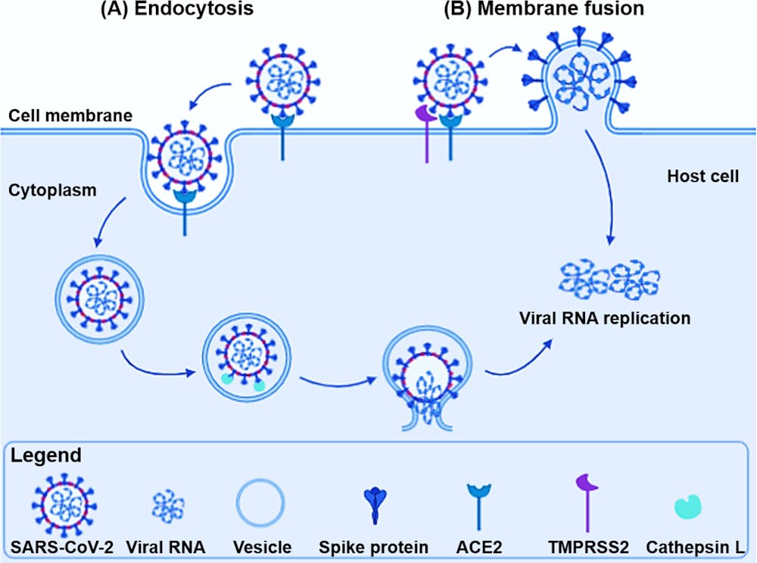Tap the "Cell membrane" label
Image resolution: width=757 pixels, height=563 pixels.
coord(70,116)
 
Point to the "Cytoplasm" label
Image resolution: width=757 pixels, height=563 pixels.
coord(52,190)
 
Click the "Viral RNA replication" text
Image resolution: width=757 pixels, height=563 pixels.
coord(604,318)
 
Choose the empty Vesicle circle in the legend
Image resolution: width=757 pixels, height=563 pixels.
coord(261,501)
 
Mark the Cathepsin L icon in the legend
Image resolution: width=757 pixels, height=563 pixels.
coord(687,505)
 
